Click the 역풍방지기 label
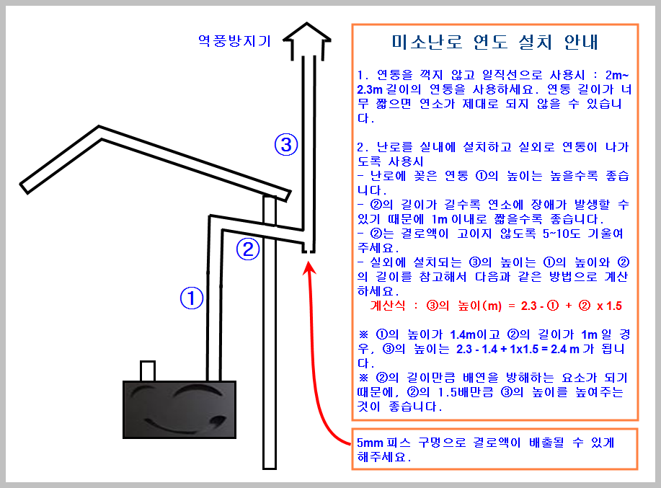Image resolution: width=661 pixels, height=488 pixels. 234,41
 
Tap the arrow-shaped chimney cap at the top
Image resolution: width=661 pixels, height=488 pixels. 307,41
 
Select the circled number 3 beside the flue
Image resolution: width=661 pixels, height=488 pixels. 286,145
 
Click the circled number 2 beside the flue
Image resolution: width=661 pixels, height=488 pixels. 247,249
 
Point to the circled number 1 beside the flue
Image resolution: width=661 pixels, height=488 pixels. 192,298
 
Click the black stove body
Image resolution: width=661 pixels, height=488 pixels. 179,409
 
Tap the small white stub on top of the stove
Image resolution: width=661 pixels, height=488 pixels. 148,371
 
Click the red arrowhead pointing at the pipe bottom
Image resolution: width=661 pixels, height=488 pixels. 309,268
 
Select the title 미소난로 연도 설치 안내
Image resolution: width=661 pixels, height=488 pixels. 495,42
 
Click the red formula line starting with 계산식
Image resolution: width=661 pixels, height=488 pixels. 496,306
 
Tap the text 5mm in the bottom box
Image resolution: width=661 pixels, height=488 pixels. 370,443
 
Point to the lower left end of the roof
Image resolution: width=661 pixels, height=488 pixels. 24,188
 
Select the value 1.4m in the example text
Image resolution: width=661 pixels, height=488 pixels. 463,334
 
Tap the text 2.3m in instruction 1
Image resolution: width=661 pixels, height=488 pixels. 369,89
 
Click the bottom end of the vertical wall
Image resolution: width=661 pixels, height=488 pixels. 270,469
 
